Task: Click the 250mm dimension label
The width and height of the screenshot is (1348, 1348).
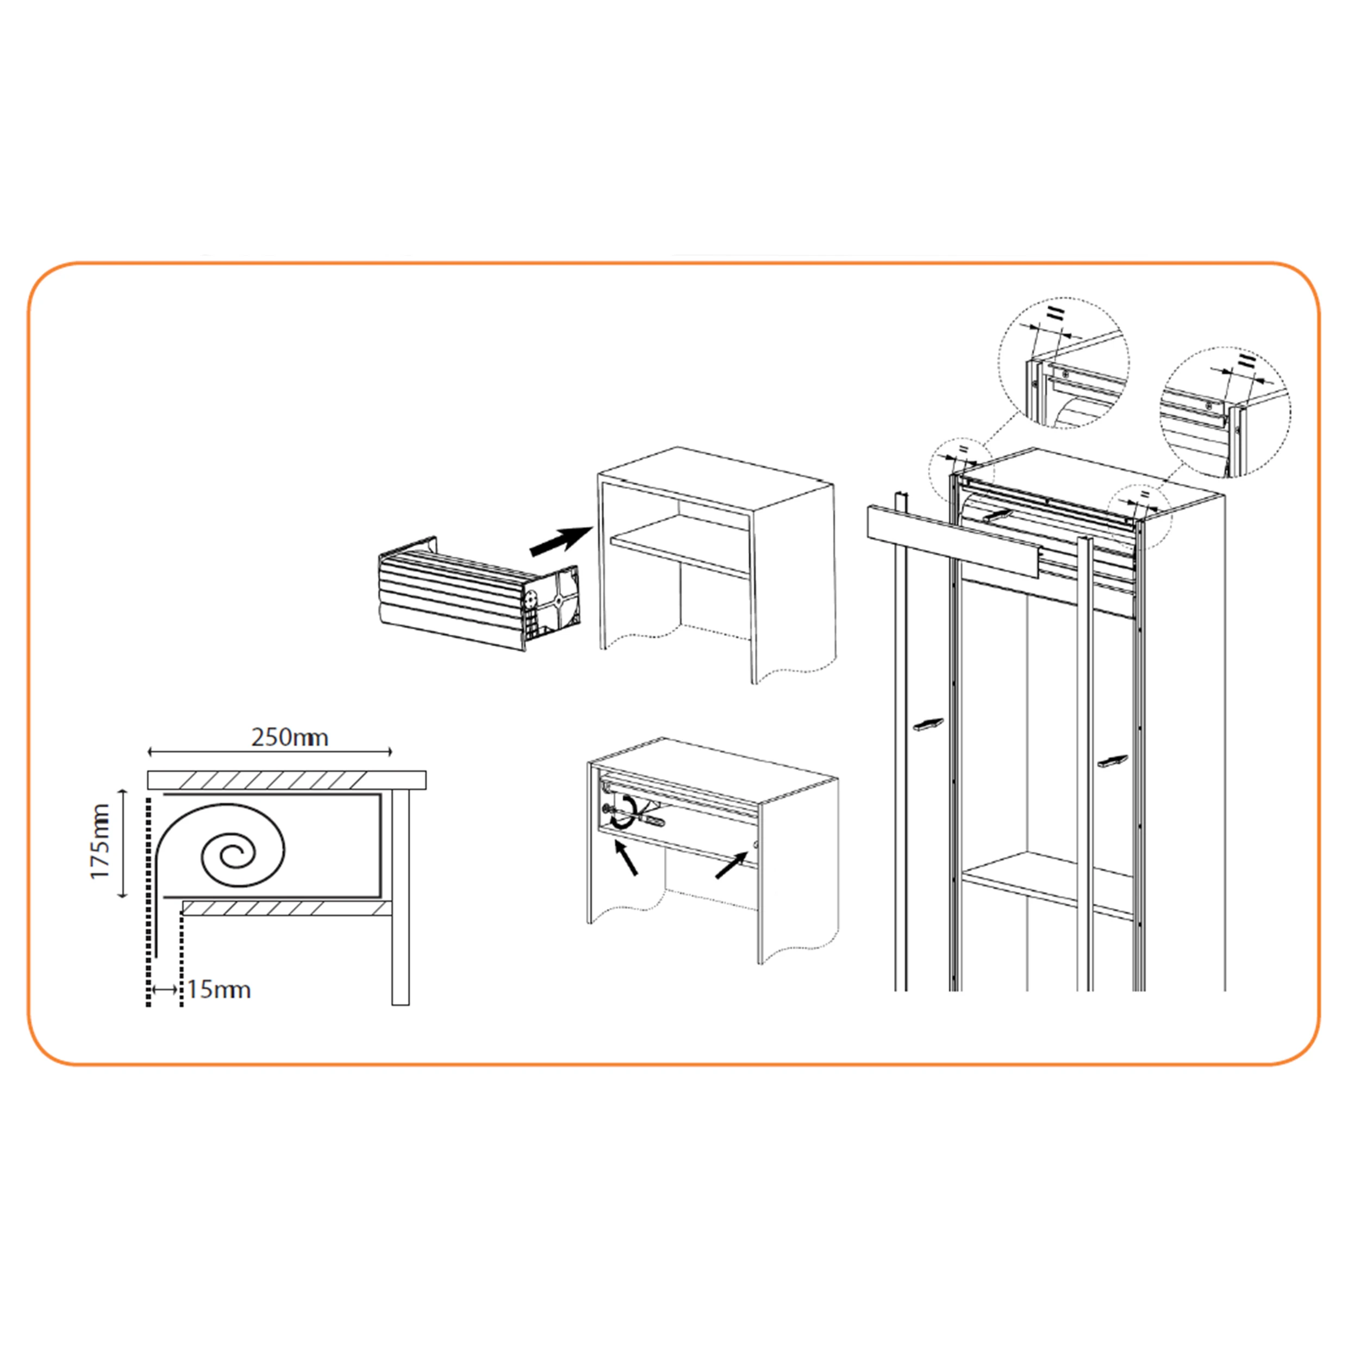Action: click(x=290, y=738)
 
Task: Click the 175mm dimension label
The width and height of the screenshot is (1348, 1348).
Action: click(x=101, y=841)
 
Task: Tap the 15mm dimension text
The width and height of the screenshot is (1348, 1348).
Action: click(x=219, y=989)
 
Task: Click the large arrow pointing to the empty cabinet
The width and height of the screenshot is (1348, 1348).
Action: click(x=561, y=541)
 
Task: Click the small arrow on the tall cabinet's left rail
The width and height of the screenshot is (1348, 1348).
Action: click(x=927, y=725)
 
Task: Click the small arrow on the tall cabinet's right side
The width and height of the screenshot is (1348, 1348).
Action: click(x=1112, y=761)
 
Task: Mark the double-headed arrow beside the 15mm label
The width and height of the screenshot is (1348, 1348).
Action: click(x=165, y=989)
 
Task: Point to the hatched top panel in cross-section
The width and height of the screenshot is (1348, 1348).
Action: click(x=286, y=779)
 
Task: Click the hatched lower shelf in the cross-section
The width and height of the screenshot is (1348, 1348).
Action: click(x=286, y=908)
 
